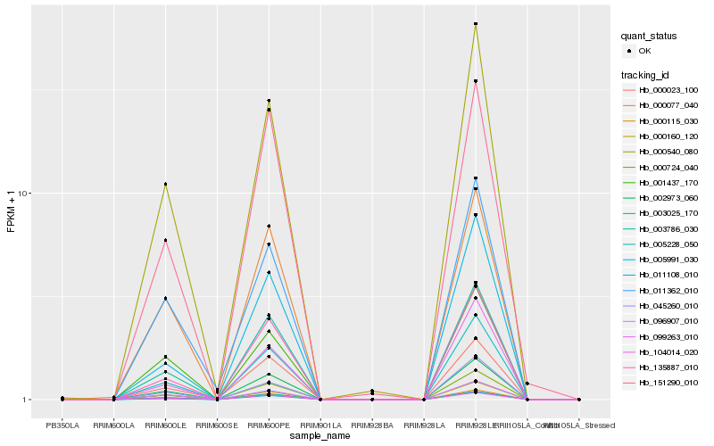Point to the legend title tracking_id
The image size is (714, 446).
[648, 74]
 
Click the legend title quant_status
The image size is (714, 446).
[650, 36]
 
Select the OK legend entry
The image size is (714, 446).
[645, 51]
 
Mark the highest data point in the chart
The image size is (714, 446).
[476, 24]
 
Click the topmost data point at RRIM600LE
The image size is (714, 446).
[165, 184]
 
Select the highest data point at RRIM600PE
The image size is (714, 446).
[269, 101]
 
